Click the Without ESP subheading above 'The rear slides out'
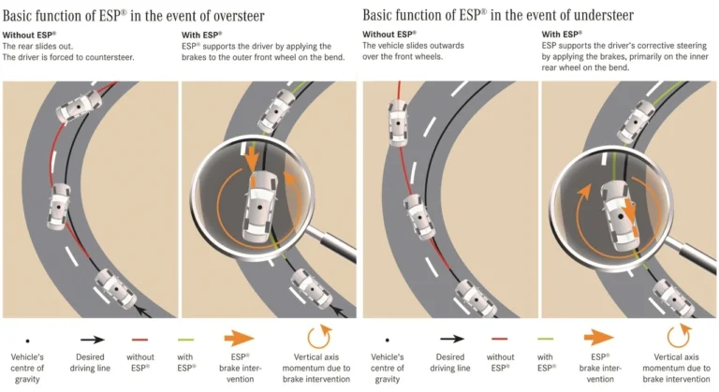[29, 35]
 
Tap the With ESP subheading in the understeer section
[562, 34]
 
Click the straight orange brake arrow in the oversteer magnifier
[252, 156]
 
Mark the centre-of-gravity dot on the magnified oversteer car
[260, 208]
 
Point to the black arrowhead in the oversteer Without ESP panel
[145, 312]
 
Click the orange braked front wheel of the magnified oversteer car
[254, 181]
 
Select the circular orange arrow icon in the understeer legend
[679, 337]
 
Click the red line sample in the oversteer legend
[139, 340]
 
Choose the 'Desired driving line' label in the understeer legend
[449, 363]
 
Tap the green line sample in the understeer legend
[545, 340]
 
